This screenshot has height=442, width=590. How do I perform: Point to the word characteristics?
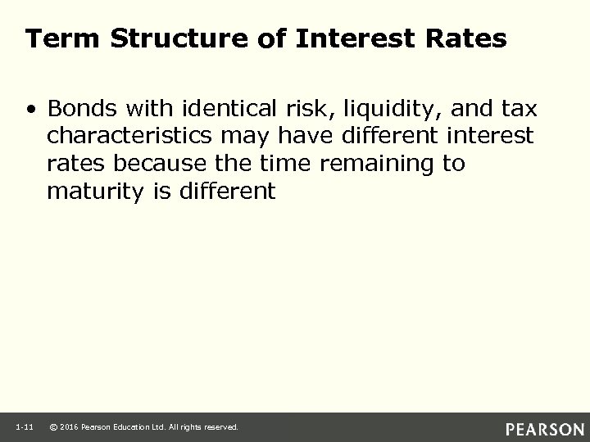130,135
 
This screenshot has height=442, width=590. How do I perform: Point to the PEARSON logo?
545,427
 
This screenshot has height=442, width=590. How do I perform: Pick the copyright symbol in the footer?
54,427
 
